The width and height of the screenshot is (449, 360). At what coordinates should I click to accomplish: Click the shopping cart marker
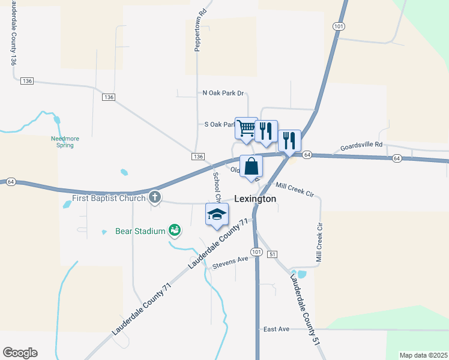click(x=246, y=128)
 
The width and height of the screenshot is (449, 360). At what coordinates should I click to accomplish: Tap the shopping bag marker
click(x=251, y=166)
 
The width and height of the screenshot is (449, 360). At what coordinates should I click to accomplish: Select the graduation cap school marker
click(x=217, y=214)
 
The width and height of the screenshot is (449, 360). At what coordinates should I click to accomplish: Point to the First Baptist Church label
click(x=109, y=199)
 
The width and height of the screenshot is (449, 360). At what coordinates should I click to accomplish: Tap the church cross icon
click(x=155, y=197)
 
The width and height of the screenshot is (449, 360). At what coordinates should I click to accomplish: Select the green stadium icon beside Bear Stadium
click(x=174, y=229)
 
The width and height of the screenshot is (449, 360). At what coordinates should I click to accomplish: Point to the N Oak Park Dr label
click(x=223, y=93)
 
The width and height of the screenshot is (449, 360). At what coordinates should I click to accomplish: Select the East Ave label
click(x=276, y=329)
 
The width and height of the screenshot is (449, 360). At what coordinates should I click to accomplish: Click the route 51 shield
click(x=273, y=254)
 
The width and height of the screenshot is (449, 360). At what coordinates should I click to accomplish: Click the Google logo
click(x=20, y=352)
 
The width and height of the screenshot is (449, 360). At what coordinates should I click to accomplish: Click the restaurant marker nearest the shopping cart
click(x=266, y=131)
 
